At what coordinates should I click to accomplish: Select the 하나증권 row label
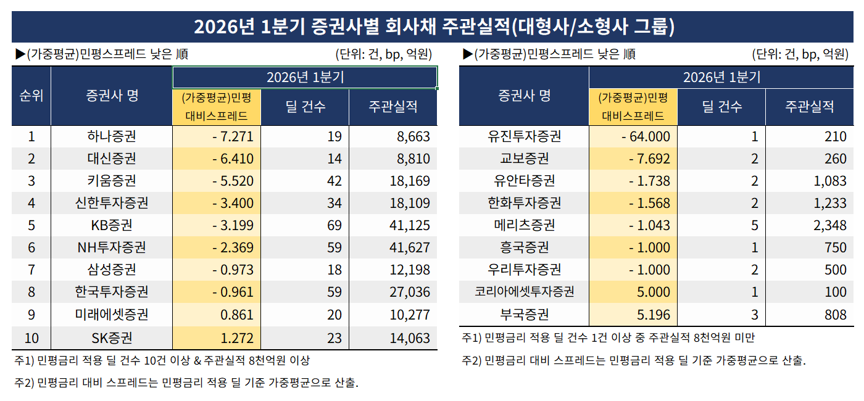[x=112, y=136]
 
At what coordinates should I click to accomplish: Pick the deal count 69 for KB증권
[x=334, y=225]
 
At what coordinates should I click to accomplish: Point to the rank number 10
[x=31, y=337]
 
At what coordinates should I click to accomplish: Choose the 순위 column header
[x=31, y=96]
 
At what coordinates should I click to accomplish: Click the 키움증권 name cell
[x=112, y=181]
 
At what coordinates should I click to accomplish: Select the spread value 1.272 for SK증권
[x=236, y=337]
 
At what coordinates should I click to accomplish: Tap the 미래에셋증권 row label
[x=112, y=315]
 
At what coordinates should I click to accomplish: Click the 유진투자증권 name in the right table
[x=524, y=136]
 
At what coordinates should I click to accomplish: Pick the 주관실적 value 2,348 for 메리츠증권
[x=829, y=225]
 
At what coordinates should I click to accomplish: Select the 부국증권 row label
[x=524, y=315]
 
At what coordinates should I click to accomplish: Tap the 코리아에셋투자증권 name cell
[x=524, y=292]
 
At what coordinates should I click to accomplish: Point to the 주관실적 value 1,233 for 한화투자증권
[x=829, y=203]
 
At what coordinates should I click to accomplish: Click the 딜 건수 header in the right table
[x=721, y=106]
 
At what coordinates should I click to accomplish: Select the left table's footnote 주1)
[x=162, y=360]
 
